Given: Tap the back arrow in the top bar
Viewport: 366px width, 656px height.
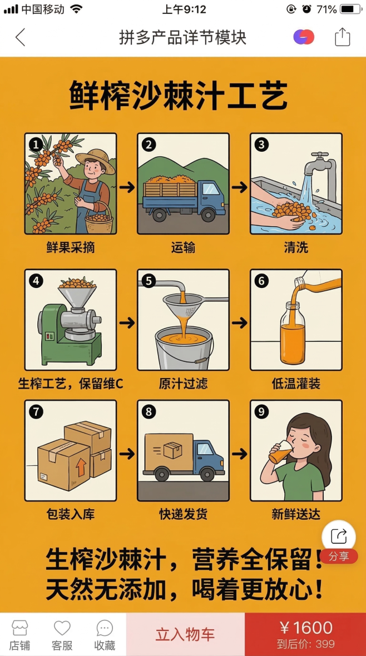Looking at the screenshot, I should point(21,37).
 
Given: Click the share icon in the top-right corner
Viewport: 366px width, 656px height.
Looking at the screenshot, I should point(342,37).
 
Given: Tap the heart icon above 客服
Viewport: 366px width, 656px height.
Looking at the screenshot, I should point(62,628).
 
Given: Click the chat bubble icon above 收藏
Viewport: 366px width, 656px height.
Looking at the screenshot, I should point(105,628).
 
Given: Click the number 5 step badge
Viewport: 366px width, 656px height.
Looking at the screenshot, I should point(149,281).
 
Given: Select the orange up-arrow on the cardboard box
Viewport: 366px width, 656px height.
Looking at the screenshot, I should point(81,466).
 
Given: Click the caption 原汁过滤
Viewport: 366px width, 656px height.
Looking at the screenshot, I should point(183,384).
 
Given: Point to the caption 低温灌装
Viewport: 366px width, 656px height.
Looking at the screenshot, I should point(296,384).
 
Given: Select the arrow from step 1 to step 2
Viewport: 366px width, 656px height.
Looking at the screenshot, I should point(127,187).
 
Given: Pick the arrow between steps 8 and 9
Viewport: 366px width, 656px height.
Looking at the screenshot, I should point(240,454).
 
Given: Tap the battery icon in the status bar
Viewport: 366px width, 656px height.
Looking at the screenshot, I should point(350,9).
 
